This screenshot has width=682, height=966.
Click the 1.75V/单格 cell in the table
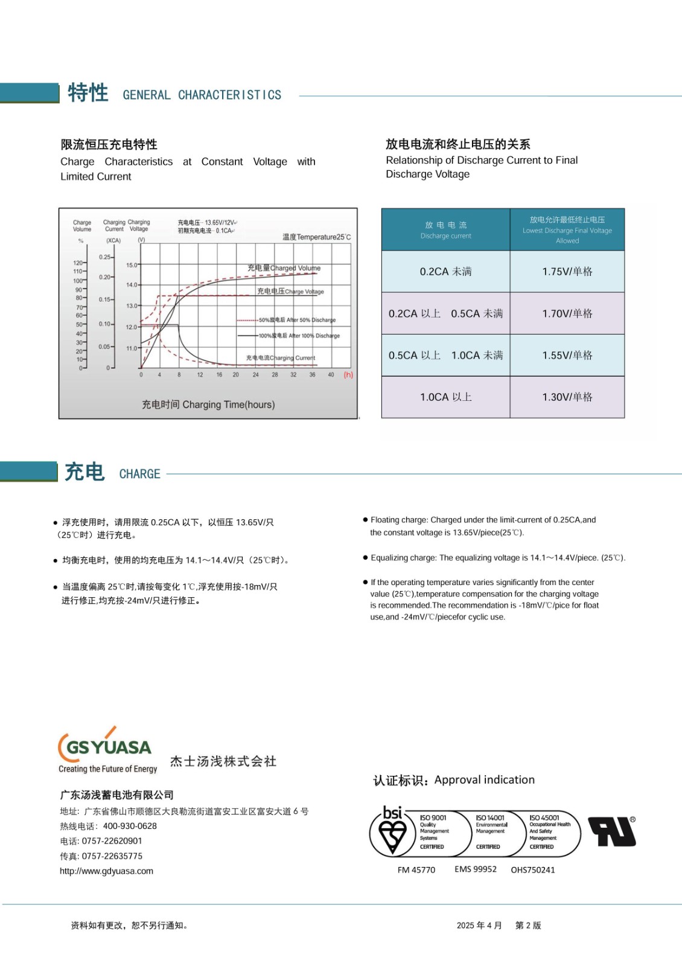(x=567, y=272)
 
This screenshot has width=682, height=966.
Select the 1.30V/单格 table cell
(x=567, y=397)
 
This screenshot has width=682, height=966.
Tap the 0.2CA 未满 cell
(x=445, y=272)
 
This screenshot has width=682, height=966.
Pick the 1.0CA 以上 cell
(x=445, y=397)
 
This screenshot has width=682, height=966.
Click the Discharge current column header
(x=445, y=230)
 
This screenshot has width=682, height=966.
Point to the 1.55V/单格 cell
(x=567, y=356)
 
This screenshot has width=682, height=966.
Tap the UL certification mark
(x=612, y=832)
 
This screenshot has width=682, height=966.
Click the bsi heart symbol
(x=393, y=834)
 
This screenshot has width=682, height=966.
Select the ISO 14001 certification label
(x=491, y=831)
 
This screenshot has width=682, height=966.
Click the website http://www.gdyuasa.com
(x=106, y=871)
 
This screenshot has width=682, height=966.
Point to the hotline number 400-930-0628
(x=130, y=826)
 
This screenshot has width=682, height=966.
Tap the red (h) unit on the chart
(x=348, y=375)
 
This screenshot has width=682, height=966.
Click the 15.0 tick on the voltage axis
(x=132, y=265)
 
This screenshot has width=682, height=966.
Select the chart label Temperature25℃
(x=316, y=237)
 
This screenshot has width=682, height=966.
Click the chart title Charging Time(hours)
(x=208, y=405)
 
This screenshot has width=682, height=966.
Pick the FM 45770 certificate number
(x=416, y=870)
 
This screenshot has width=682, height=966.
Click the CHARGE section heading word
(x=139, y=474)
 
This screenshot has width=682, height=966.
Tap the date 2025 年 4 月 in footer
(x=479, y=926)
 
